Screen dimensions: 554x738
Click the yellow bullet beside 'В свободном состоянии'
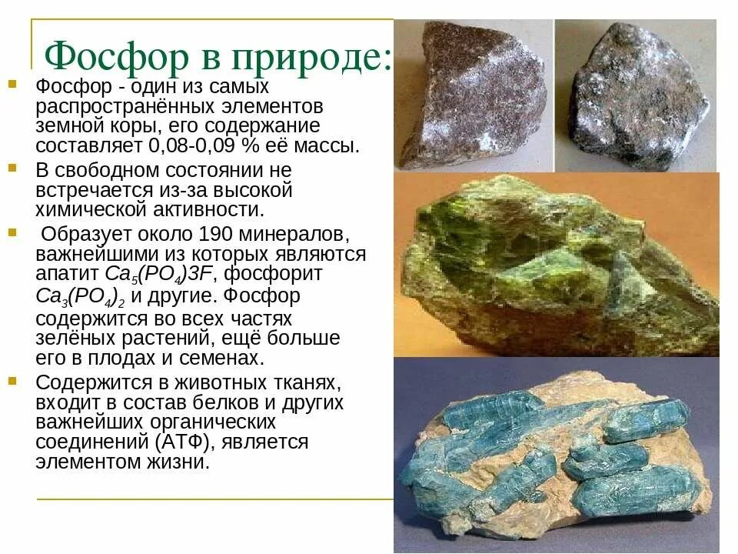pyautogui.click(x=12, y=167)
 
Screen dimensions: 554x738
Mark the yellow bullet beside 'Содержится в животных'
pyautogui.click(x=12, y=381)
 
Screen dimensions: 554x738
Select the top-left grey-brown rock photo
pyautogui.click(x=472, y=94)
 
